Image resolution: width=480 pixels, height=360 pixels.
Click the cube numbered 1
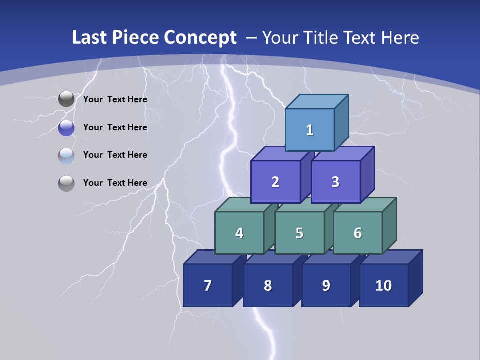[x=309, y=130]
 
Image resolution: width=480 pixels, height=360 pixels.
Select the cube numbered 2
[x=275, y=182]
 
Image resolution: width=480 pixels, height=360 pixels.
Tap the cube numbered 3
[x=335, y=182]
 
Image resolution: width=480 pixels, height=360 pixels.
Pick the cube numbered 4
[x=239, y=233]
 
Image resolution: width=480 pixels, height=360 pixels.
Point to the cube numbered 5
[x=299, y=233]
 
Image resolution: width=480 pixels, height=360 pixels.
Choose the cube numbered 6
[x=357, y=233]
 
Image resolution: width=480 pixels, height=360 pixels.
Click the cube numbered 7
[x=208, y=285]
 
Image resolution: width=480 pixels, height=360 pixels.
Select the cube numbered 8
[x=268, y=285]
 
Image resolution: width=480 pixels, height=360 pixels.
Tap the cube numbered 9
[x=326, y=285]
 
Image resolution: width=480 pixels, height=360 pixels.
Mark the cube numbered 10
[x=383, y=285]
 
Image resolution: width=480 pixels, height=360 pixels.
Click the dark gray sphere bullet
[x=66, y=99]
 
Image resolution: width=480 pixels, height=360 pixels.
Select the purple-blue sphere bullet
[x=66, y=128]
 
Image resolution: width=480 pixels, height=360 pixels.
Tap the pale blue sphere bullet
[x=66, y=156]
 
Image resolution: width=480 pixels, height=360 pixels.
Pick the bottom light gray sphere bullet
[x=66, y=183]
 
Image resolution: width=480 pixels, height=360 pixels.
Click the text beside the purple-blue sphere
[x=115, y=127]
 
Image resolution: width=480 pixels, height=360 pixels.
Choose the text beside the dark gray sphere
[x=115, y=99]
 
